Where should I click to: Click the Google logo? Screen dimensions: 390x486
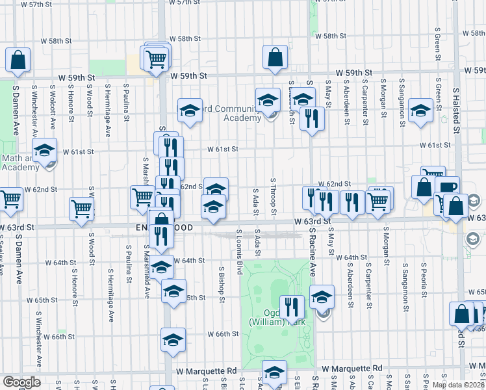(21, 383)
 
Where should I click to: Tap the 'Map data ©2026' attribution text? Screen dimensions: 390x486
(458, 385)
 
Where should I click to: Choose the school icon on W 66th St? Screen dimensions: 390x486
(173, 339)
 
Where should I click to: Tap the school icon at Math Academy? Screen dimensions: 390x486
(45, 149)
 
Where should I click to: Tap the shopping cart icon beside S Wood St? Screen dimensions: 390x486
(82, 208)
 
